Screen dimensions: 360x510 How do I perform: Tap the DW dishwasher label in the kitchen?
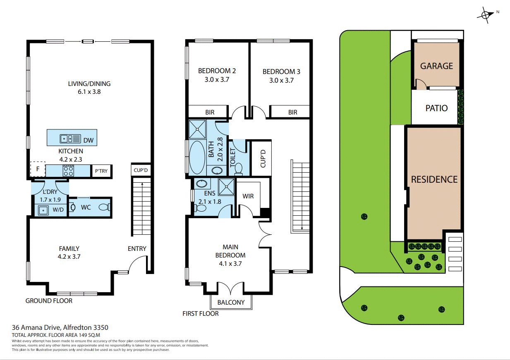89,140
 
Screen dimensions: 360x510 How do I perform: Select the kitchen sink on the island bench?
66,139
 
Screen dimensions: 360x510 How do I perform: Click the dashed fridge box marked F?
38,169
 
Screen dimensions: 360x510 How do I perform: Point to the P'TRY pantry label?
101,171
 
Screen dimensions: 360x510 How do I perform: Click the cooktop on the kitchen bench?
68,170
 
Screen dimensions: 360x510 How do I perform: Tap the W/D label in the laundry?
58,210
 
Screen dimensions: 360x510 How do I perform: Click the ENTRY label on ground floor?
137,248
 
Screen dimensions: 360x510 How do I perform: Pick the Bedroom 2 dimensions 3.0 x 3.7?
217,80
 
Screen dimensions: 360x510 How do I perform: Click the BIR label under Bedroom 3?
292,112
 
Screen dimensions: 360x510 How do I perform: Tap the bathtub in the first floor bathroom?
196,157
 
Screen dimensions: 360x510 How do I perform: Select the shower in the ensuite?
226,186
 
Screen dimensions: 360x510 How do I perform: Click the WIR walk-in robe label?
248,196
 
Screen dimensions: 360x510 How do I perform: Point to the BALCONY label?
231,302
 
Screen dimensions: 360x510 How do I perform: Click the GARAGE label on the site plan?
436,66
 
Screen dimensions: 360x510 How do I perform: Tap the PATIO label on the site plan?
436,108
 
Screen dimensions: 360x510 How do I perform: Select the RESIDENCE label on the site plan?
434,179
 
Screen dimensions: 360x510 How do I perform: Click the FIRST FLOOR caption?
201,313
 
